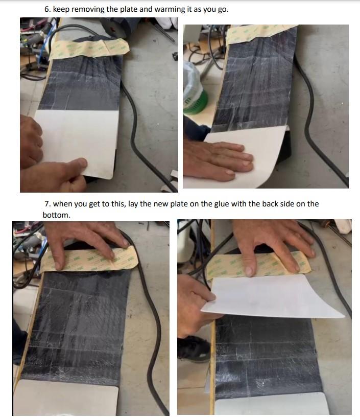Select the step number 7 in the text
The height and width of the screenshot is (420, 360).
tap(47, 204)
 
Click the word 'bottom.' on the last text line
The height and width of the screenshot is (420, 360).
tap(57, 215)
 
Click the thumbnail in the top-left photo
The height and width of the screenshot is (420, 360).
tap(80, 162)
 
